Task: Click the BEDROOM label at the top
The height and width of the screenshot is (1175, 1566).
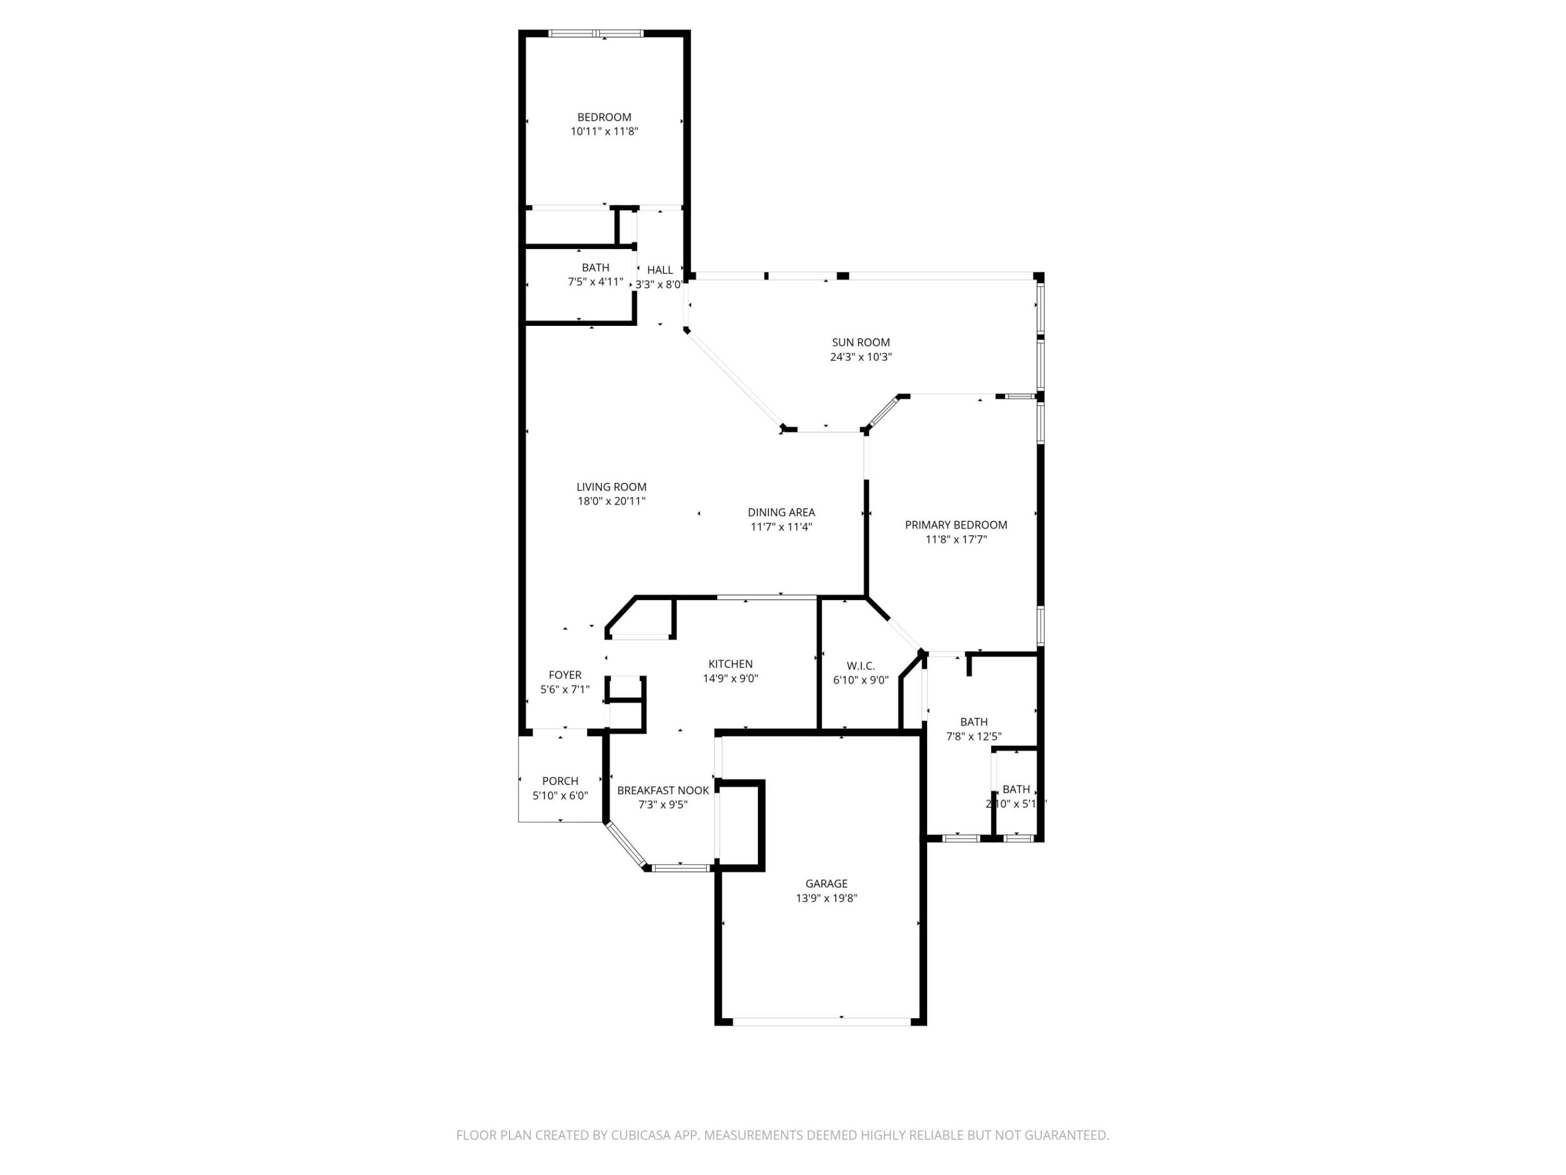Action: tap(604, 117)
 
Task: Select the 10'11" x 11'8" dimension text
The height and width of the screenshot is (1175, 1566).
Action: tap(604, 131)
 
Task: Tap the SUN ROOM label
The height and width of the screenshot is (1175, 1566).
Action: tap(860, 342)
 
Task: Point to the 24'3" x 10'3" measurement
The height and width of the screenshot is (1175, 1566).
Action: tap(860, 357)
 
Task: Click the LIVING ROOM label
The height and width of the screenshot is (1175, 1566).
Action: tap(611, 486)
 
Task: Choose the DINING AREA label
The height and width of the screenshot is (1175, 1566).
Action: tap(781, 512)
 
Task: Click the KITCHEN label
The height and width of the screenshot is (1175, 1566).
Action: tap(730, 664)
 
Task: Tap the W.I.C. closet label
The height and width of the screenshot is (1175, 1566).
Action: tap(860, 666)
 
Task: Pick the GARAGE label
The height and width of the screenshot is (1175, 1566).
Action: tap(825, 883)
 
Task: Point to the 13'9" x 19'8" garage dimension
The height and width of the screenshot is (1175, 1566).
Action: tap(825, 898)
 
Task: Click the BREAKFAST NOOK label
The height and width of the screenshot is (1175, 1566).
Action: tap(663, 790)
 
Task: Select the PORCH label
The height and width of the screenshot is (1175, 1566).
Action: tap(560, 781)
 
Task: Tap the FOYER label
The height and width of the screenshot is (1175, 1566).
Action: tap(564, 675)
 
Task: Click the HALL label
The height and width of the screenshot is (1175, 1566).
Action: tap(659, 270)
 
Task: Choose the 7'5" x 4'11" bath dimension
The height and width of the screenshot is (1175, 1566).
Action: tap(595, 282)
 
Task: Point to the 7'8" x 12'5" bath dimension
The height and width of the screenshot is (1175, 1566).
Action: tap(973, 737)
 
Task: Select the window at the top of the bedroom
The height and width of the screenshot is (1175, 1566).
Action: tap(596, 33)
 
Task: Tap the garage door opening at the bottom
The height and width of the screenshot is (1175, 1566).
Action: tap(821, 1022)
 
